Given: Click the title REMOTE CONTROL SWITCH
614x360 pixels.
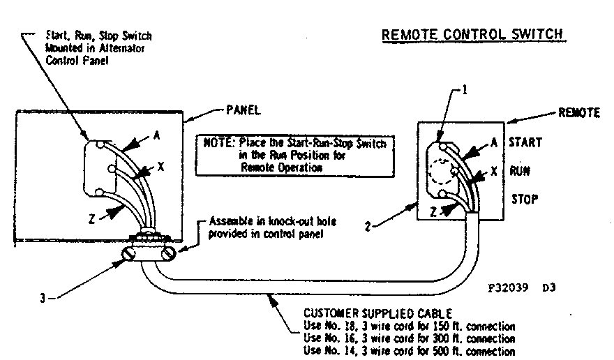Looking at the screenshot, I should (472, 34).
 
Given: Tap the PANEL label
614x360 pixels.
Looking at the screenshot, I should (244, 110).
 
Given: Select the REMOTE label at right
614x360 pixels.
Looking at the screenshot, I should (578, 113).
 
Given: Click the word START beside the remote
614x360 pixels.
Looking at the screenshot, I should (525, 142).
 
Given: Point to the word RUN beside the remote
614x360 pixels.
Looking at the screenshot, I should (519, 170).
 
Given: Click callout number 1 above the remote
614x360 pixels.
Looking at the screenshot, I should (465, 92).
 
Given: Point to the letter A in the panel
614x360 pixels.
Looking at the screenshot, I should (156, 137).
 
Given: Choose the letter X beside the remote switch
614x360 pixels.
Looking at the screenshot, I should (494, 170).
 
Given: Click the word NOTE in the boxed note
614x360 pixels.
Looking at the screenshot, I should (214, 143).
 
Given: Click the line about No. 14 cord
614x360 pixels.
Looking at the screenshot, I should (410, 351).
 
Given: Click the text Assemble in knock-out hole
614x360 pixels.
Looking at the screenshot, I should (260, 221).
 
